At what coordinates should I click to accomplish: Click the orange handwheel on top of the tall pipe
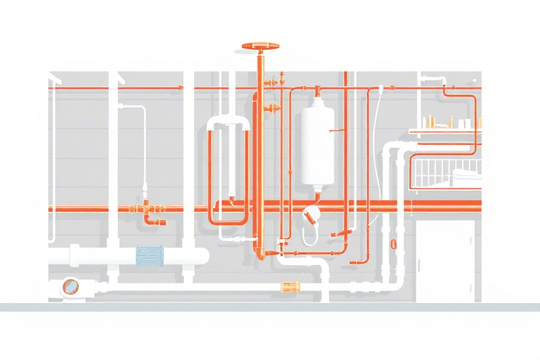tap(260, 46)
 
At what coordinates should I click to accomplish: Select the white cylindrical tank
tap(318, 145)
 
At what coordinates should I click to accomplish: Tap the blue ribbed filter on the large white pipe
tap(148, 256)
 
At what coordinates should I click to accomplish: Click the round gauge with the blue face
tap(70, 285)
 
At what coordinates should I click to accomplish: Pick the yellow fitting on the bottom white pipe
tap(289, 287)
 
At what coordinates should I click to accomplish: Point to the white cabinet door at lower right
tap(446, 260)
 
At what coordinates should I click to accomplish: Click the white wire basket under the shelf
tap(446, 169)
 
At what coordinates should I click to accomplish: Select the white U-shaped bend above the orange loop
tap(229, 124)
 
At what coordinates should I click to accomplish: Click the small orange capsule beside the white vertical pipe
tap(393, 245)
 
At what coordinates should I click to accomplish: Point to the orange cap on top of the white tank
tap(318, 91)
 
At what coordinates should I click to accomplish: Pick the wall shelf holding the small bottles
tap(446, 129)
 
